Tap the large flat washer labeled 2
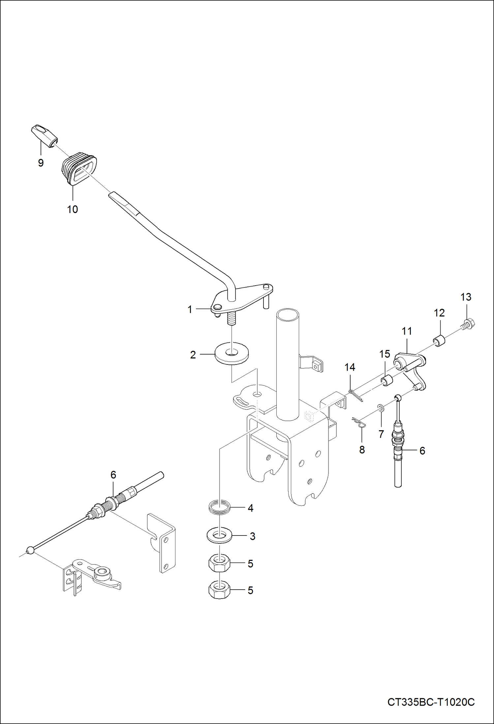[x=232, y=355]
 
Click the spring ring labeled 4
[x=219, y=507]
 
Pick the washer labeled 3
[x=219, y=535]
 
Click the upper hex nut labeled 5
[x=219, y=563]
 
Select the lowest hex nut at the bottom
[x=219, y=589]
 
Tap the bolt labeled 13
[x=469, y=323]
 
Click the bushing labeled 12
[x=439, y=341]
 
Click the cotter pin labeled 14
[x=355, y=395]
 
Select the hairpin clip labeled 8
[x=359, y=423]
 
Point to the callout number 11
[x=407, y=331]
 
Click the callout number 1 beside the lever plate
[x=190, y=309]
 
